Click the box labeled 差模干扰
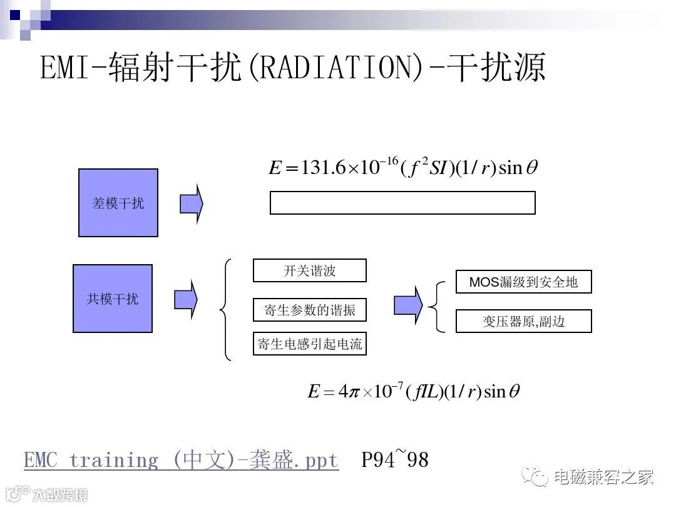(118, 203)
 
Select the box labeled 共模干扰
(113, 299)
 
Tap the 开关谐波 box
(310, 270)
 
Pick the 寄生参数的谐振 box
(310, 310)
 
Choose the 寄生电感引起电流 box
(310, 344)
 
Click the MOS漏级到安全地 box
(523, 282)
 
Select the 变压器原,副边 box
(523, 321)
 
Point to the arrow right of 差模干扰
(192, 203)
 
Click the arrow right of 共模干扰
(185, 299)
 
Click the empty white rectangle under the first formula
(402, 203)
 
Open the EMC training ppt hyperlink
(181, 461)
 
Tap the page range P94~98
(395, 461)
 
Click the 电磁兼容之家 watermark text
(603, 477)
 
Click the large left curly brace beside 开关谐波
(226, 309)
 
